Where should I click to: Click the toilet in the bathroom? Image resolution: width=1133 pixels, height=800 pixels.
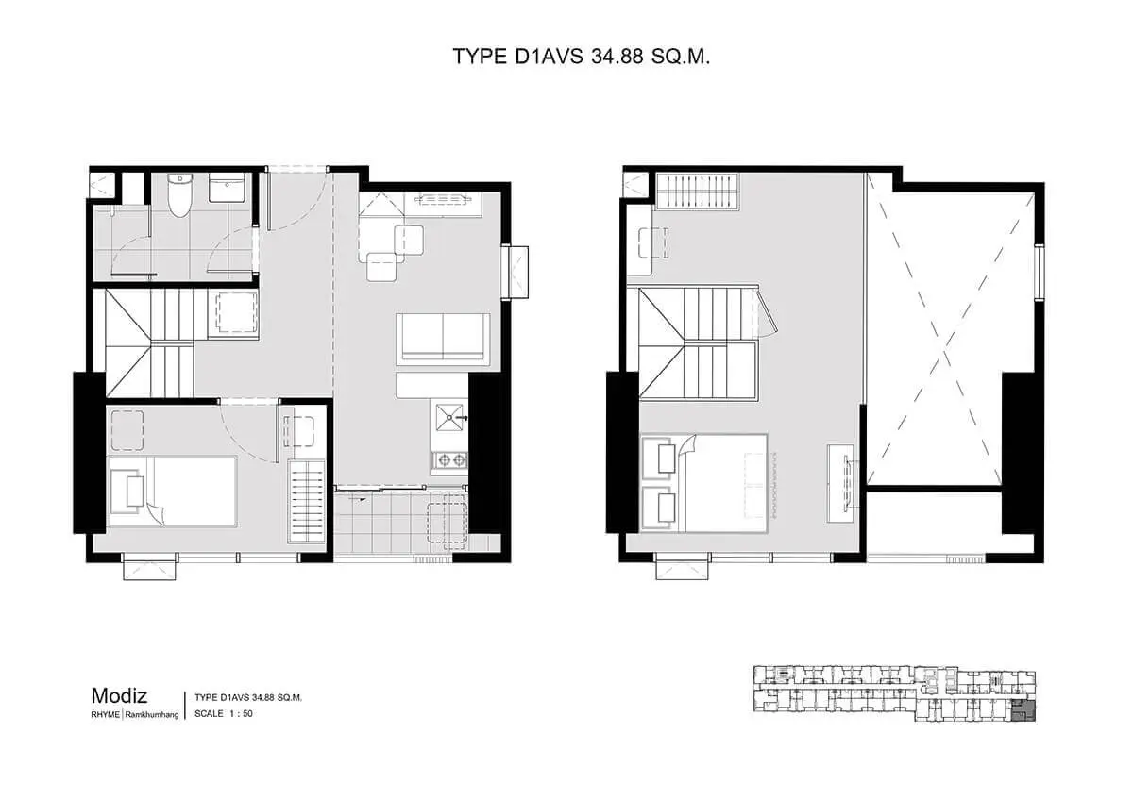(x=179, y=195)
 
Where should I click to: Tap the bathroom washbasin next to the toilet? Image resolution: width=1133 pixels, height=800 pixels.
(x=227, y=188)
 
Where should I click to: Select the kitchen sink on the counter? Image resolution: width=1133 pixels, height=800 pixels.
(x=449, y=417)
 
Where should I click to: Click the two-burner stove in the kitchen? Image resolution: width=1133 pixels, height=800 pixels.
(x=450, y=459)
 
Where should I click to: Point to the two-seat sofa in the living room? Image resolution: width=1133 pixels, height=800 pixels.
(x=443, y=339)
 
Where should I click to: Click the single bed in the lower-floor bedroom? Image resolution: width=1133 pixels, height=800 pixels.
(x=172, y=492)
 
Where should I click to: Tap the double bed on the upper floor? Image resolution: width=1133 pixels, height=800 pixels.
(x=704, y=483)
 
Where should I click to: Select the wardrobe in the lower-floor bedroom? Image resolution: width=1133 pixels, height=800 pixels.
(x=306, y=502)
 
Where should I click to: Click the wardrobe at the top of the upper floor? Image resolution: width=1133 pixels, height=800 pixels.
(x=698, y=191)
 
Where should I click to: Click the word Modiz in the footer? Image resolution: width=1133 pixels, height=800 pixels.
(x=119, y=696)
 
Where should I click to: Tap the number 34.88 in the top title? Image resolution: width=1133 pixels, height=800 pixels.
(x=617, y=56)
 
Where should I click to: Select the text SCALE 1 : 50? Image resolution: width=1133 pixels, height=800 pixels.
(x=224, y=713)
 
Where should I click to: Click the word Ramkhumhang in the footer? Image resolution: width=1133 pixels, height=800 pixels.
(x=152, y=714)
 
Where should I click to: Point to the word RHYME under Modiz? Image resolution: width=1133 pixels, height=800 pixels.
(x=105, y=714)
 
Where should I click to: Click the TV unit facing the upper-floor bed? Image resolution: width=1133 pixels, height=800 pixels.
(x=841, y=483)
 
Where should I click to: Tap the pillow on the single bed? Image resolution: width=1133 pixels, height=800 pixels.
(x=135, y=491)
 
